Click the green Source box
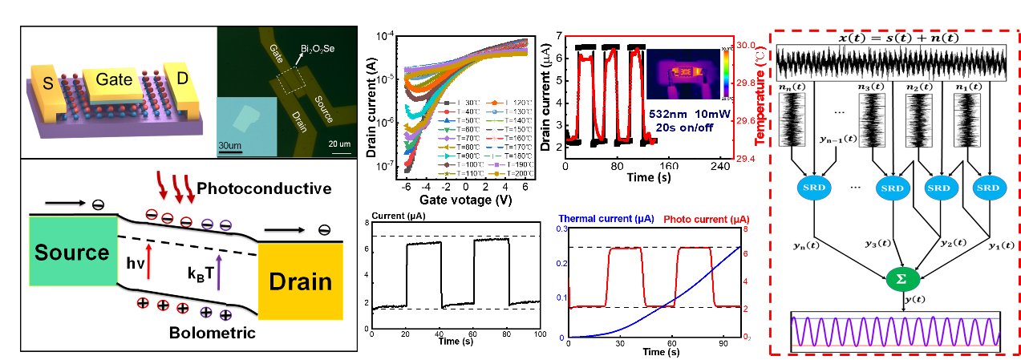(x=73, y=252)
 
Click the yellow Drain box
(x=301, y=281)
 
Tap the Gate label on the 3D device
(x=114, y=79)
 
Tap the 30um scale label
(x=231, y=145)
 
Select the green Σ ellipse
(x=902, y=279)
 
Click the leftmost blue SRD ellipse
(x=814, y=188)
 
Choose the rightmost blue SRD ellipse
(x=988, y=188)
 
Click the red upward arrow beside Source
(x=148, y=261)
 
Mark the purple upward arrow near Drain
(x=218, y=270)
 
